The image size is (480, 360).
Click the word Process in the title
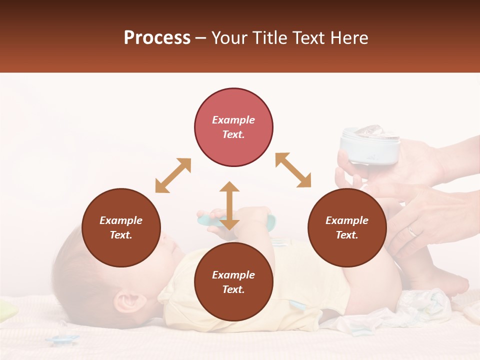(x=157, y=38)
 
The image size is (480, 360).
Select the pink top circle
(x=233, y=127)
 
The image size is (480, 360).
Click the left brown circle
(x=121, y=227)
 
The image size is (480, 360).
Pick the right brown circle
(x=347, y=227)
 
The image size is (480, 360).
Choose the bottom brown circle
(x=233, y=282)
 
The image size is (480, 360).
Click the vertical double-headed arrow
(x=229, y=205)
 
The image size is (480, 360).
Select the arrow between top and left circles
(x=173, y=175)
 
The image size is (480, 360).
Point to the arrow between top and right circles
(x=293, y=170)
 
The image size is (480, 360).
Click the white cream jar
(x=370, y=145)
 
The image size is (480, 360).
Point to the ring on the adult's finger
(x=412, y=231)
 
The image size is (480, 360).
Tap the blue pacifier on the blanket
(x=62, y=340)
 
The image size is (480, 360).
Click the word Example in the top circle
(x=233, y=120)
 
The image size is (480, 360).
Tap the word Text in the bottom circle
(x=232, y=289)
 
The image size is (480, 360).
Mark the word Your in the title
(x=229, y=38)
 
